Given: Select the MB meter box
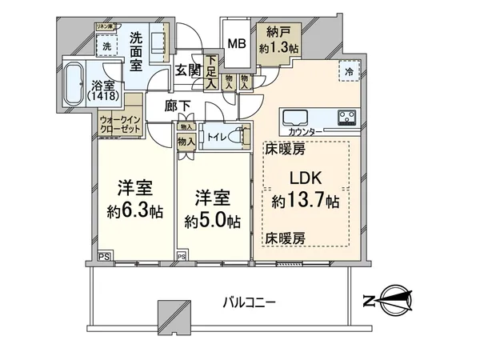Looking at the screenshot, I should click(x=236, y=45).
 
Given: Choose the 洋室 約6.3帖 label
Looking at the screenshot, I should click(x=134, y=201).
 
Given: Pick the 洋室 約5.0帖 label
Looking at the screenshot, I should click(x=211, y=210).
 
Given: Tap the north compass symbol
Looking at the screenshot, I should click(x=390, y=301).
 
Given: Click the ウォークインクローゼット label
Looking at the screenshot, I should click(x=119, y=126).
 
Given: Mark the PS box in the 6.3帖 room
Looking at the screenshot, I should click(x=104, y=256).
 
